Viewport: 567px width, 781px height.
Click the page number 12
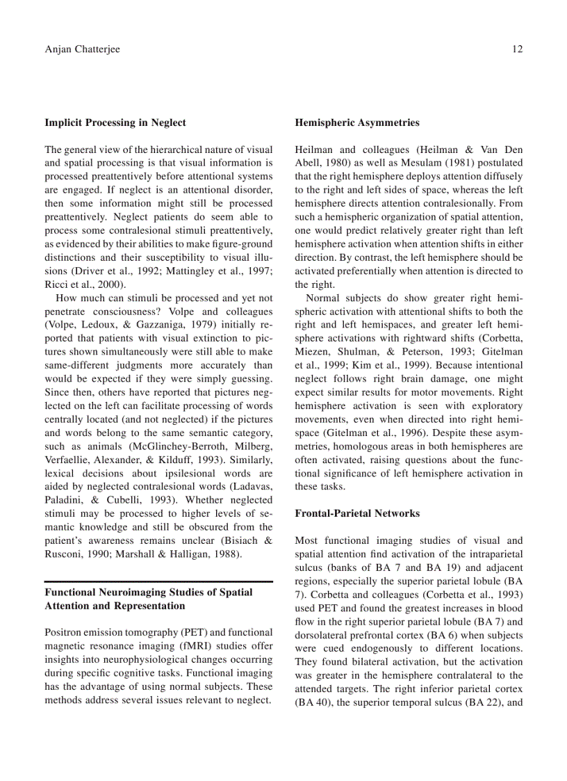[517, 49]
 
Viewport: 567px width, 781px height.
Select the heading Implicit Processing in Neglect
[115, 123]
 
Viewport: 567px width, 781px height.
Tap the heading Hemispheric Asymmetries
[357, 123]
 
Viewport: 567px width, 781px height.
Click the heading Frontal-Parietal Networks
[357, 514]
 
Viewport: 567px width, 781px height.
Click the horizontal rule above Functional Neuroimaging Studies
[158, 581]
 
